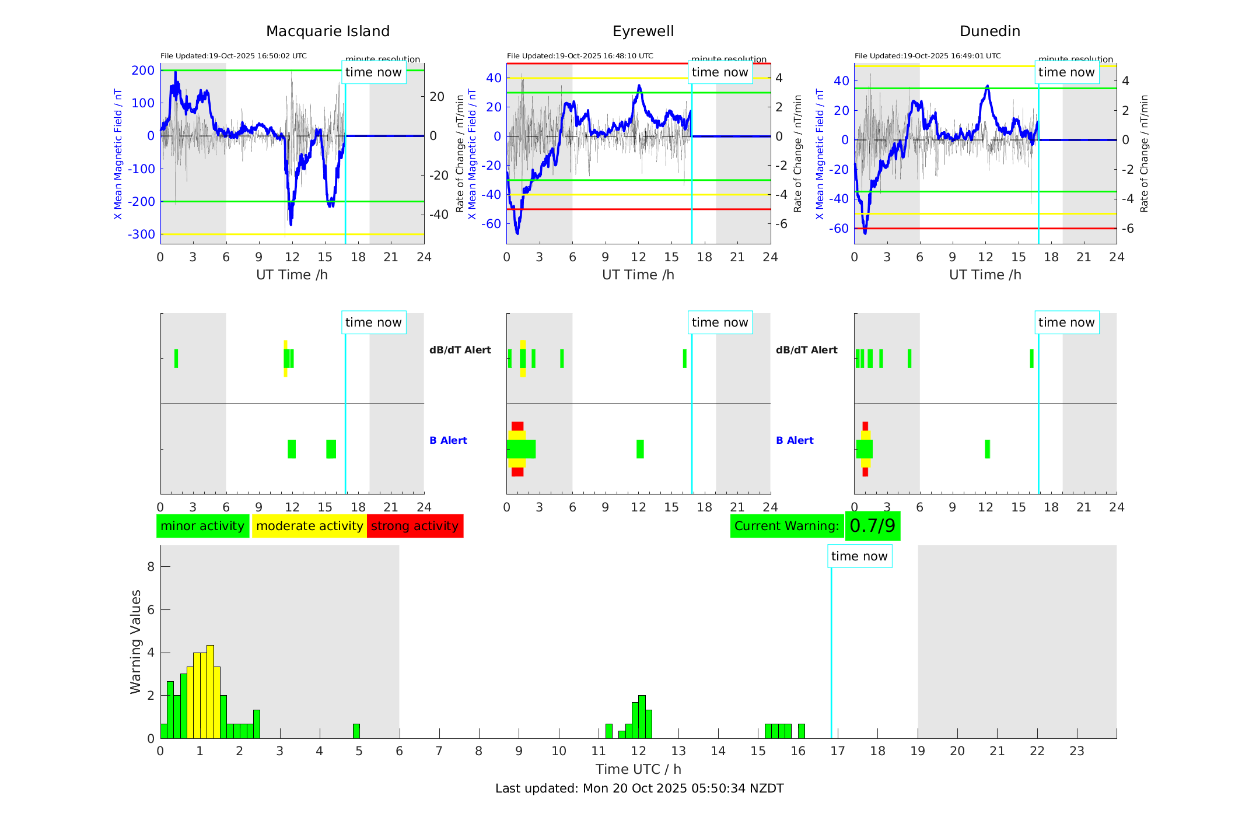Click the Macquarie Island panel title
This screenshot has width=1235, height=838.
coord(327,31)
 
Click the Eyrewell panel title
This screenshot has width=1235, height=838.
coord(643,31)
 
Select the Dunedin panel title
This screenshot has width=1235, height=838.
coord(989,31)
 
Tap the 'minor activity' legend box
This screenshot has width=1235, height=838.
coord(202,526)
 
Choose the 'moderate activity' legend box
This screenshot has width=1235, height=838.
coord(309,526)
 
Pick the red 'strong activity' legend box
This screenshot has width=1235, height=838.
coord(415,526)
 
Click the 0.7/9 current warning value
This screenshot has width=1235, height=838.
coord(872,526)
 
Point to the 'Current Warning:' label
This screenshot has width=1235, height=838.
coord(786,526)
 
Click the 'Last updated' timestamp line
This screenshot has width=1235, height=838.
coord(639,788)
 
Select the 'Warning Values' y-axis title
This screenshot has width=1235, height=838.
coord(135,641)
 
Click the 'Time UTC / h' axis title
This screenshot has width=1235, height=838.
coord(638,769)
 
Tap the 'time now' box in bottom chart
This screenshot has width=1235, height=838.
coord(859,556)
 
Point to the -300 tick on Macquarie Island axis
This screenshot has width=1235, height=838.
coord(141,234)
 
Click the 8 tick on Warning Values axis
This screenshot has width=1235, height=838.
coord(151,567)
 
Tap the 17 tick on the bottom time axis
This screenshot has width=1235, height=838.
coord(838,751)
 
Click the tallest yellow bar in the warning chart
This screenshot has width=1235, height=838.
coord(210,692)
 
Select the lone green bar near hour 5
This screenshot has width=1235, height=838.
coord(356,731)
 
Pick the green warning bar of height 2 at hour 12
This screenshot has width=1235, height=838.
coord(642,717)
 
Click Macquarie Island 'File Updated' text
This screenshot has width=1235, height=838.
coord(233,56)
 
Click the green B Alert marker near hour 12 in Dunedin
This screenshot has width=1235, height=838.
coord(987,449)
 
